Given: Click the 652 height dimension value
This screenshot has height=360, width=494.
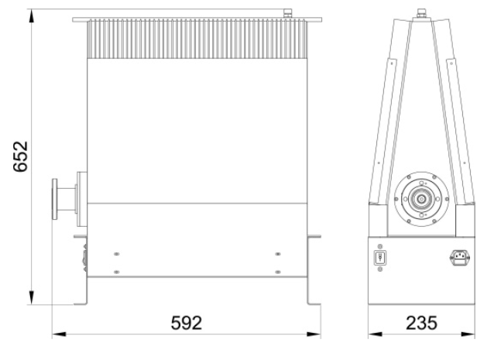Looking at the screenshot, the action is pos(21,156).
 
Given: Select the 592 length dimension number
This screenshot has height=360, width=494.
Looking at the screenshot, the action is pos(186,323).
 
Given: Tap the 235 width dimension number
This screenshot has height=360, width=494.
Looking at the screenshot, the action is pos(421,323).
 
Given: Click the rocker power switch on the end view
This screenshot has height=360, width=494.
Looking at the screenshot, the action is pos(380,258).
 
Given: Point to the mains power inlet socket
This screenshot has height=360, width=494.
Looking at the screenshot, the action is pos(459,257).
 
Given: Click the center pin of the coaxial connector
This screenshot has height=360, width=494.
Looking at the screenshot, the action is pos(421,199).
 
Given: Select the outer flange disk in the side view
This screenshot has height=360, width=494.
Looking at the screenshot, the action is pos(55,199).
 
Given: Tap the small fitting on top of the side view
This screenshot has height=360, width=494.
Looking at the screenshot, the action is pos(287,13).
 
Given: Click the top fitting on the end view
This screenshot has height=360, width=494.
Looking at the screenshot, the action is pos(421,13).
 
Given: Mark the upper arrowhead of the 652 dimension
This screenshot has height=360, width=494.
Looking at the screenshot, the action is pos(31,15).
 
